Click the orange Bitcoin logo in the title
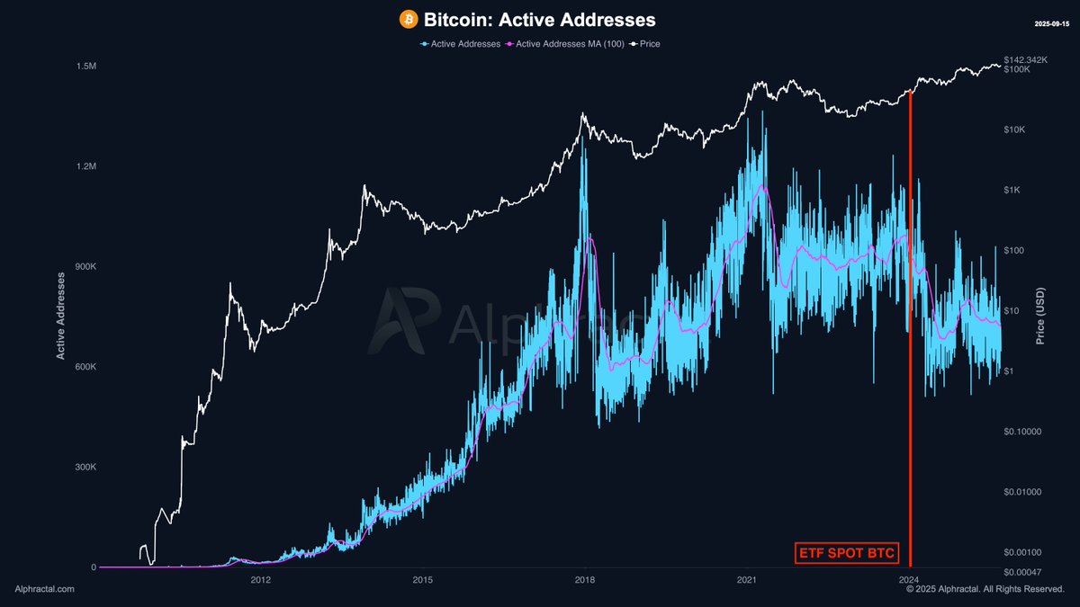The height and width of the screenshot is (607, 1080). [409, 19]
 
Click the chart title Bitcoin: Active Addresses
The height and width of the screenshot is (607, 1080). [539, 19]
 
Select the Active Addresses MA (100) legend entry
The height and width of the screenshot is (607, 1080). [564, 43]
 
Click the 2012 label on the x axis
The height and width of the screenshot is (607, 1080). [261, 580]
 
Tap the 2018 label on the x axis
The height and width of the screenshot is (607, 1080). [585, 580]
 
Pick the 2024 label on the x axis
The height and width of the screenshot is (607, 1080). [909, 580]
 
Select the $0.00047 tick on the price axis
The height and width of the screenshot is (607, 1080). [1024, 572]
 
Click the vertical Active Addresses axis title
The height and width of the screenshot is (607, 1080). [61, 315]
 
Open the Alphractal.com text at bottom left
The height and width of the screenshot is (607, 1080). [45, 589]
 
